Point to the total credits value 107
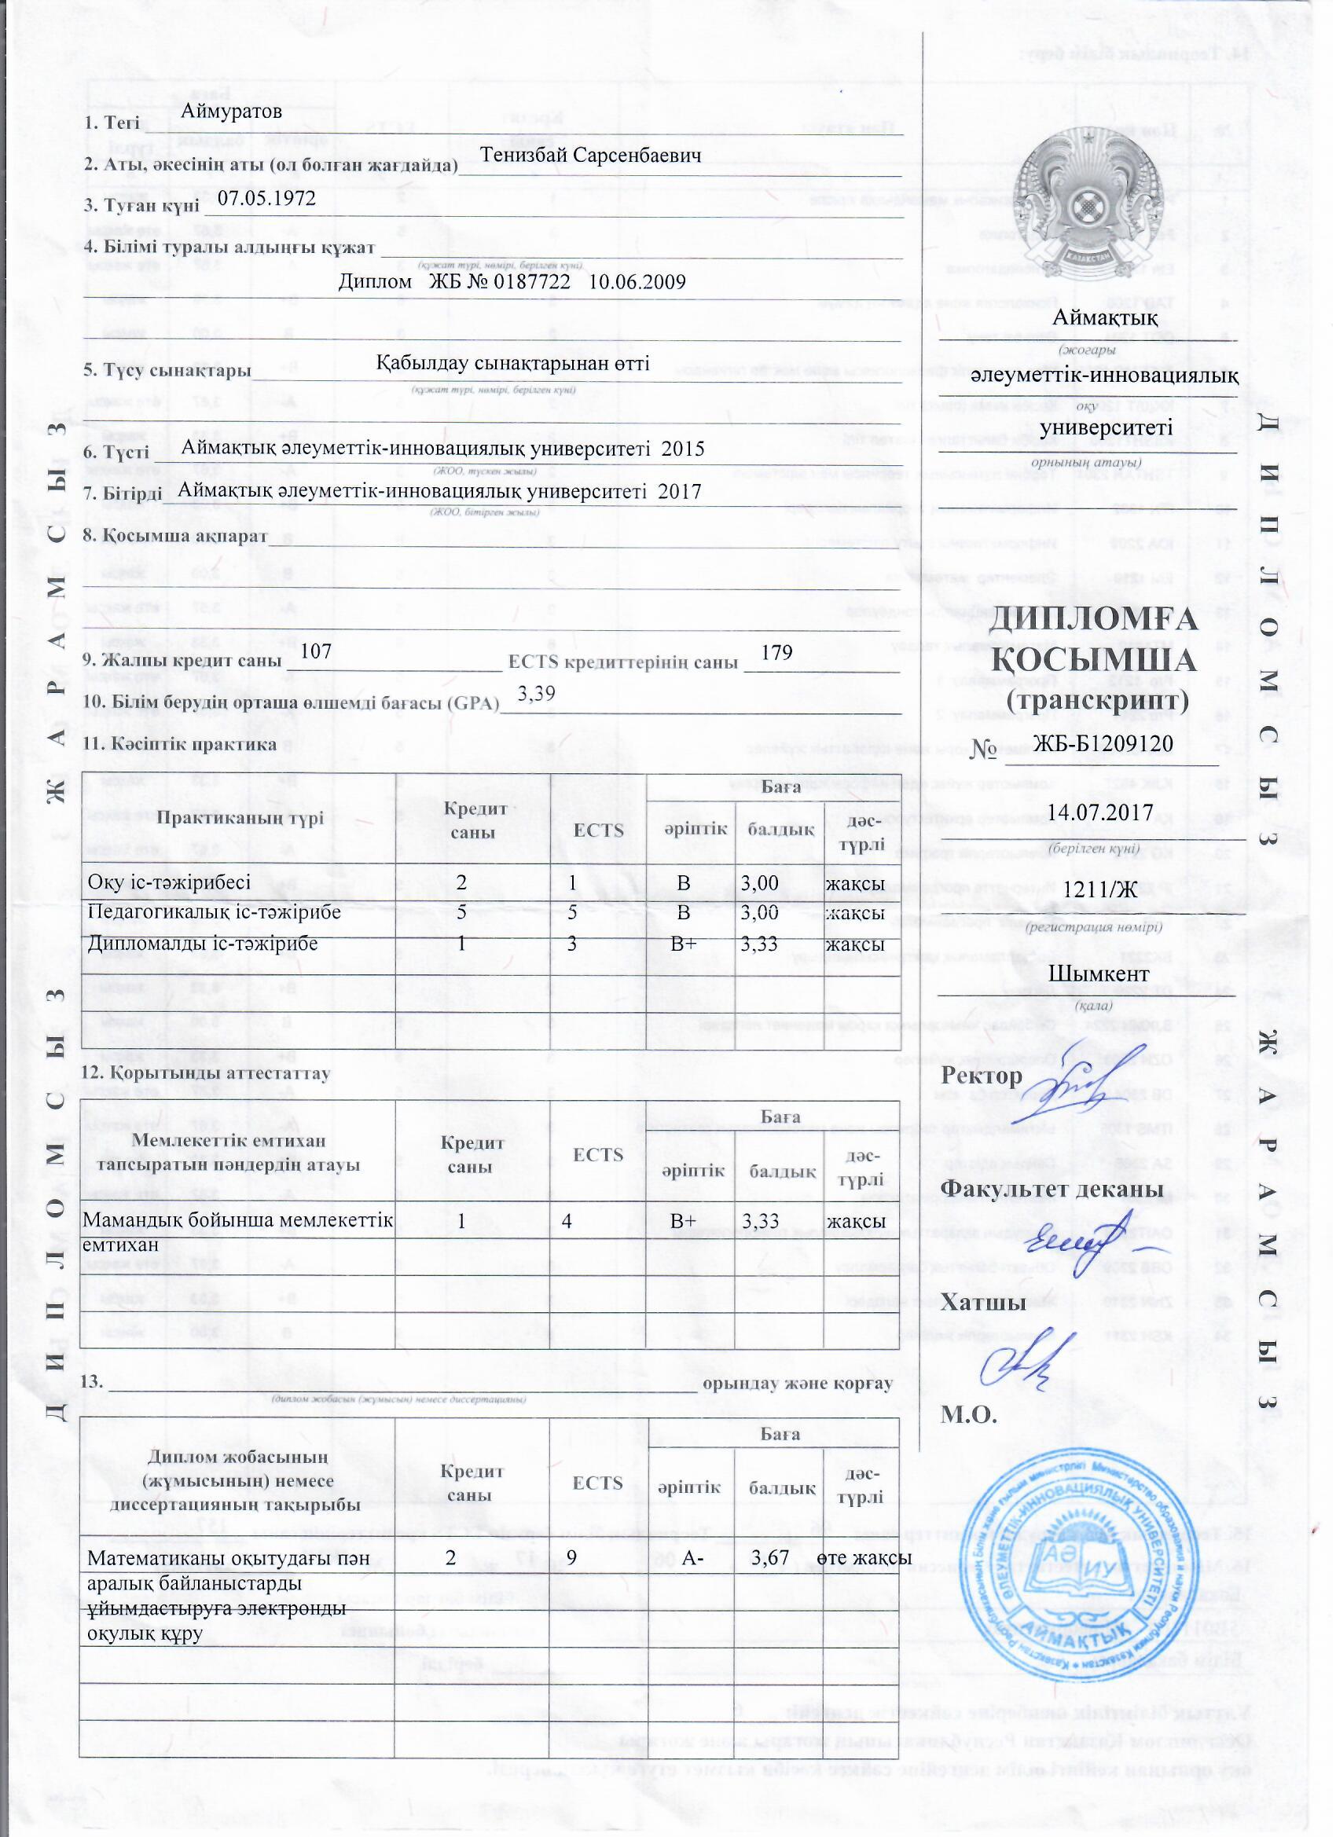pyautogui.click(x=316, y=650)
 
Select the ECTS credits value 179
pyautogui.click(x=776, y=651)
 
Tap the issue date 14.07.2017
pyautogui.click(x=1099, y=813)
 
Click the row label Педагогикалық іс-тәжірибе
pyautogui.click(x=214, y=913)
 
